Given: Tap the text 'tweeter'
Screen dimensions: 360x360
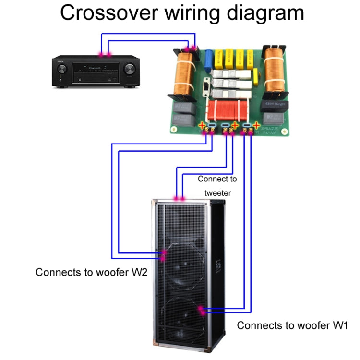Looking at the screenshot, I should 217,193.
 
